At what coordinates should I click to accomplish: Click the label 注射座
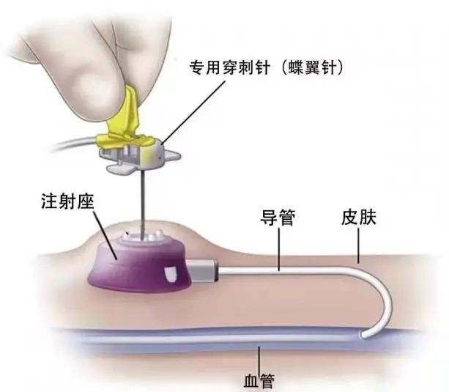pyautogui.click(x=68, y=201)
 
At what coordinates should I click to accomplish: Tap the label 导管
pyautogui.click(x=278, y=218)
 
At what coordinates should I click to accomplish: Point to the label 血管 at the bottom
pyautogui.click(x=259, y=381)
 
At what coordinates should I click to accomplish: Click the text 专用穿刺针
pyautogui.click(x=230, y=68)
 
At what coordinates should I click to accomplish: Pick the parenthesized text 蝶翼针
pyautogui.click(x=312, y=68)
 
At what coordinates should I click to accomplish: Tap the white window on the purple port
pyautogui.click(x=170, y=274)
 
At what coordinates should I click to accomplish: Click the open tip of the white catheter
pyautogui.click(x=364, y=334)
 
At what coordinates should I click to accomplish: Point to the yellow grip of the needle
pyautogui.click(x=126, y=123)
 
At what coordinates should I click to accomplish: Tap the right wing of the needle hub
pyautogui.click(x=172, y=157)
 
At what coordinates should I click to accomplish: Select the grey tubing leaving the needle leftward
pyautogui.click(x=76, y=144)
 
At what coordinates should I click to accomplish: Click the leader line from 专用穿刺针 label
pyautogui.click(x=193, y=112)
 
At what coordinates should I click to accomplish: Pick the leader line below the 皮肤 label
pyautogui.click(x=358, y=246)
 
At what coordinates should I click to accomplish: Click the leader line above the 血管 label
pyautogui.click(x=259, y=360)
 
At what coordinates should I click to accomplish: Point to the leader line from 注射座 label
pyautogui.click(x=105, y=235)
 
